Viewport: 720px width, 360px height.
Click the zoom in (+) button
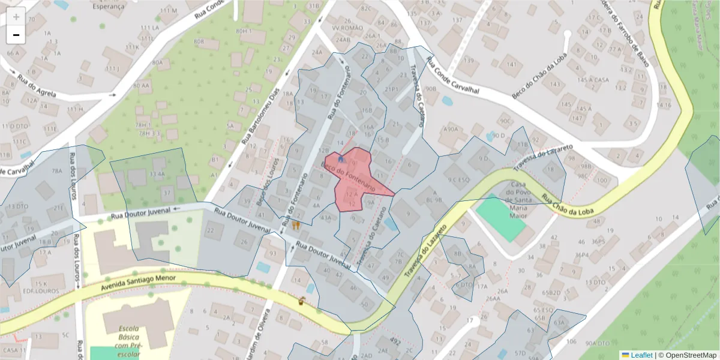(16, 17)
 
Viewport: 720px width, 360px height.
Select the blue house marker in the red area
(341, 160)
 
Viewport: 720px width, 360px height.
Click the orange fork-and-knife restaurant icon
(296, 226)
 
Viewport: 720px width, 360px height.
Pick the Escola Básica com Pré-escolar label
(128, 341)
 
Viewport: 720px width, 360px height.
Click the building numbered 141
(511, 65)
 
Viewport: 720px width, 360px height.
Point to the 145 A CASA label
(593, 80)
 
